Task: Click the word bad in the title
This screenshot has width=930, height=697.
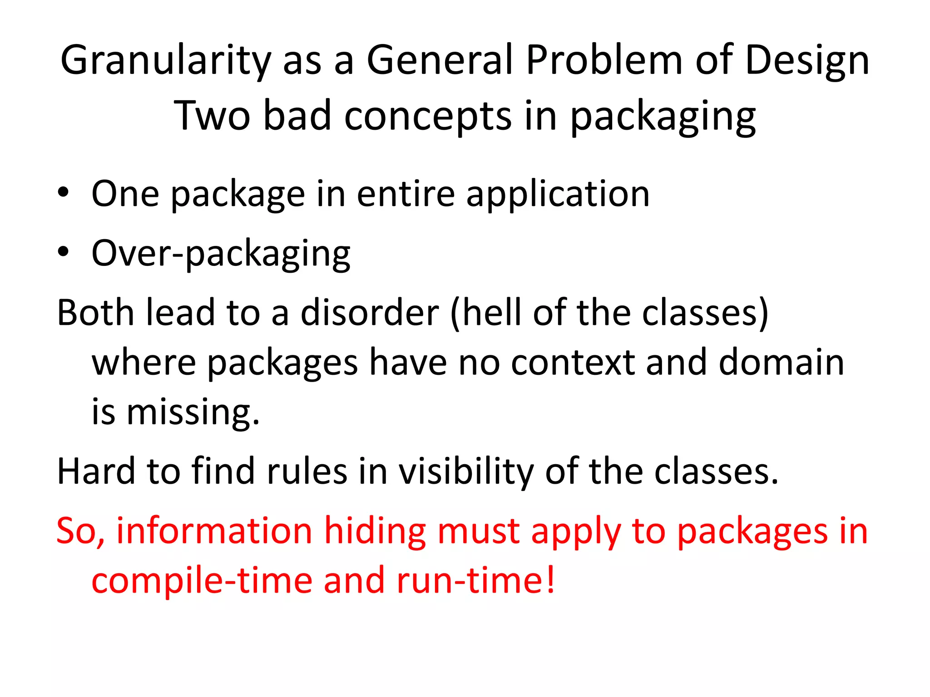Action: pyautogui.click(x=297, y=116)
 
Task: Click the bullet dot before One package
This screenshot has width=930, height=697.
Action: pyautogui.click(x=63, y=193)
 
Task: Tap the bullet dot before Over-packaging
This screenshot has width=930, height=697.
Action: pyautogui.click(x=63, y=252)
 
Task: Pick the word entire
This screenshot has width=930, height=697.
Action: pyautogui.click(x=406, y=194)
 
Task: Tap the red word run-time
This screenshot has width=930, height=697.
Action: pyautogui.click(x=475, y=581)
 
